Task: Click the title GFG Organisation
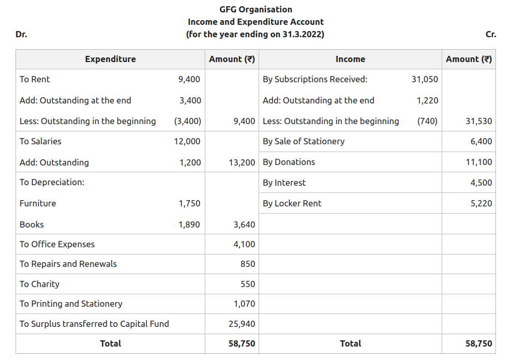click(255, 9)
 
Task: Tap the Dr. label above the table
click(21, 35)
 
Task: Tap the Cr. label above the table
click(491, 35)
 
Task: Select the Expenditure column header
click(110, 59)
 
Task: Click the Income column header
click(350, 59)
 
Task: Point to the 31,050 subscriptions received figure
click(425, 79)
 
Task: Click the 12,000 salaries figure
click(187, 141)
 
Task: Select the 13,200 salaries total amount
click(242, 162)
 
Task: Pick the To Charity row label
click(39, 284)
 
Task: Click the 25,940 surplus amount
click(242, 324)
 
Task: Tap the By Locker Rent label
click(292, 203)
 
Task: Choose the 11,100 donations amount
click(479, 162)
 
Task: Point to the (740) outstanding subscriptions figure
click(427, 121)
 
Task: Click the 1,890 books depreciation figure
click(189, 224)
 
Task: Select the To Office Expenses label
click(57, 244)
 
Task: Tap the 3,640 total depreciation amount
click(244, 224)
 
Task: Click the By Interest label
click(284, 183)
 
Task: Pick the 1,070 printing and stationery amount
click(244, 304)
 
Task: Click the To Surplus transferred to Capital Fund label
click(94, 324)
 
